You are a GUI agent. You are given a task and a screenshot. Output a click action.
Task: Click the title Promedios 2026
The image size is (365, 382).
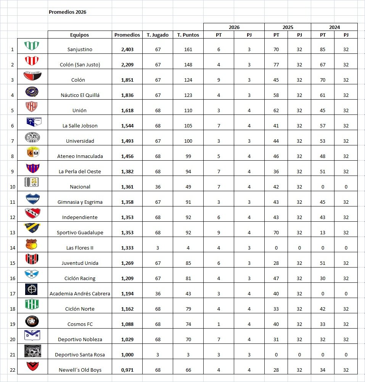pos(68,12)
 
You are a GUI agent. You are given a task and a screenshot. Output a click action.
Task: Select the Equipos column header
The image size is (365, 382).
pos(79,35)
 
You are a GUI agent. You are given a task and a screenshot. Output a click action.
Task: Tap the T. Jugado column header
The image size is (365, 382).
pos(158,35)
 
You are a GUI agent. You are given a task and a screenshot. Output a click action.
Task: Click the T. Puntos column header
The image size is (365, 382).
pos(188,35)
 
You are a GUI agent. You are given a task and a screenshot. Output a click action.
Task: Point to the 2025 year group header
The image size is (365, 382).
pos(288,27)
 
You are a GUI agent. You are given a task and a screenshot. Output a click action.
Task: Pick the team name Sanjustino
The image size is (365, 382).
pos(79,49)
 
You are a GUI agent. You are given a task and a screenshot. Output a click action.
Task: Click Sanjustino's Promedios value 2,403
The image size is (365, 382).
pos(127,49)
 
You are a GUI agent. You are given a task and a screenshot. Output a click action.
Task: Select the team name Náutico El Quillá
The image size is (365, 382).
pos(79,95)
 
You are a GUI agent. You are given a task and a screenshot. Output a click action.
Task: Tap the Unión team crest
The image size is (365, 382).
pos(32,106)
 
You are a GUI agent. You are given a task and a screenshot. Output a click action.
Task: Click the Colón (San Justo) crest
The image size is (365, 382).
pos(32,61)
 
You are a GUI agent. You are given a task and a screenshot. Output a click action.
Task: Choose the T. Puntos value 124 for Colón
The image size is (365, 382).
pos(188,80)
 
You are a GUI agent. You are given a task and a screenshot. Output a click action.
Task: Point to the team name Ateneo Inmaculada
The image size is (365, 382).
pos(79,156)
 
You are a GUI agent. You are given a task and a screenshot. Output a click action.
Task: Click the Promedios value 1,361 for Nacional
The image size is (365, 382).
pos(127,187)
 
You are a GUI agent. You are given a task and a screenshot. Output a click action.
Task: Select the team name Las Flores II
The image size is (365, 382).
pos(79,248)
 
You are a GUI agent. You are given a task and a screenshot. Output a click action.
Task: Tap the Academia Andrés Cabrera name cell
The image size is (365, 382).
pos(80,293)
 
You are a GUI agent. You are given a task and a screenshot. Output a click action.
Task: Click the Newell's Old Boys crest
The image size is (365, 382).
pos(32,367)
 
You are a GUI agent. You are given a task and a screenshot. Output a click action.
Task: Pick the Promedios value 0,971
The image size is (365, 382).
pos(127,370)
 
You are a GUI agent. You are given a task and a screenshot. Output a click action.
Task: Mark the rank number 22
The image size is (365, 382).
pos(12,370)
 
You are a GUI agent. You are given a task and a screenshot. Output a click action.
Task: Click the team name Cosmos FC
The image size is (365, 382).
pos(79,324)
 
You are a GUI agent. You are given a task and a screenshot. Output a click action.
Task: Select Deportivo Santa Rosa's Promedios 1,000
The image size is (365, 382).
pos(127,355)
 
